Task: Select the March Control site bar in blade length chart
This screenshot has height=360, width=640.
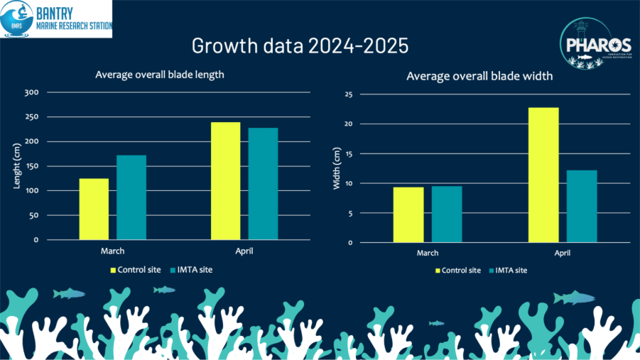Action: [94, 209]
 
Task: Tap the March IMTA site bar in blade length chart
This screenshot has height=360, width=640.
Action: [131, 197]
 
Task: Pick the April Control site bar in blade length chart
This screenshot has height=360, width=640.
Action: [226, 181]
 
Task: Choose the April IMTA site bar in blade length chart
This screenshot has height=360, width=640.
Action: [263, 184]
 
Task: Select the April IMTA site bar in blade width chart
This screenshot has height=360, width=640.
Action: [582, 206]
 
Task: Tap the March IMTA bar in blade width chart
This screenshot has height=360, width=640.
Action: [447, 214]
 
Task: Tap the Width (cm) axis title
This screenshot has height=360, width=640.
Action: [337, 169]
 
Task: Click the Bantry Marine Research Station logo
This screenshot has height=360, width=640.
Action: [56, 19]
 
